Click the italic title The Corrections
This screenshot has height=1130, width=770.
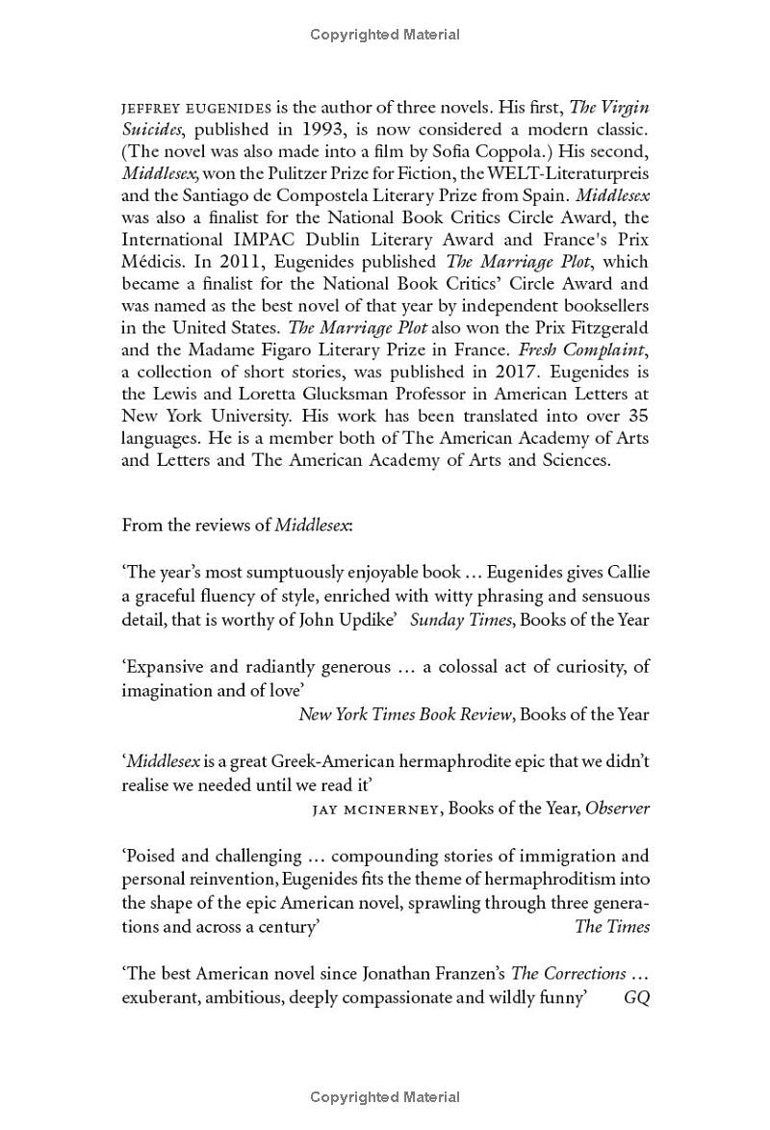click(568, 973)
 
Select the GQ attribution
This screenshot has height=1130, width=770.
click(636, 997)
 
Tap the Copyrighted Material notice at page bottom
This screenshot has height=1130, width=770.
click(385, 1097)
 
